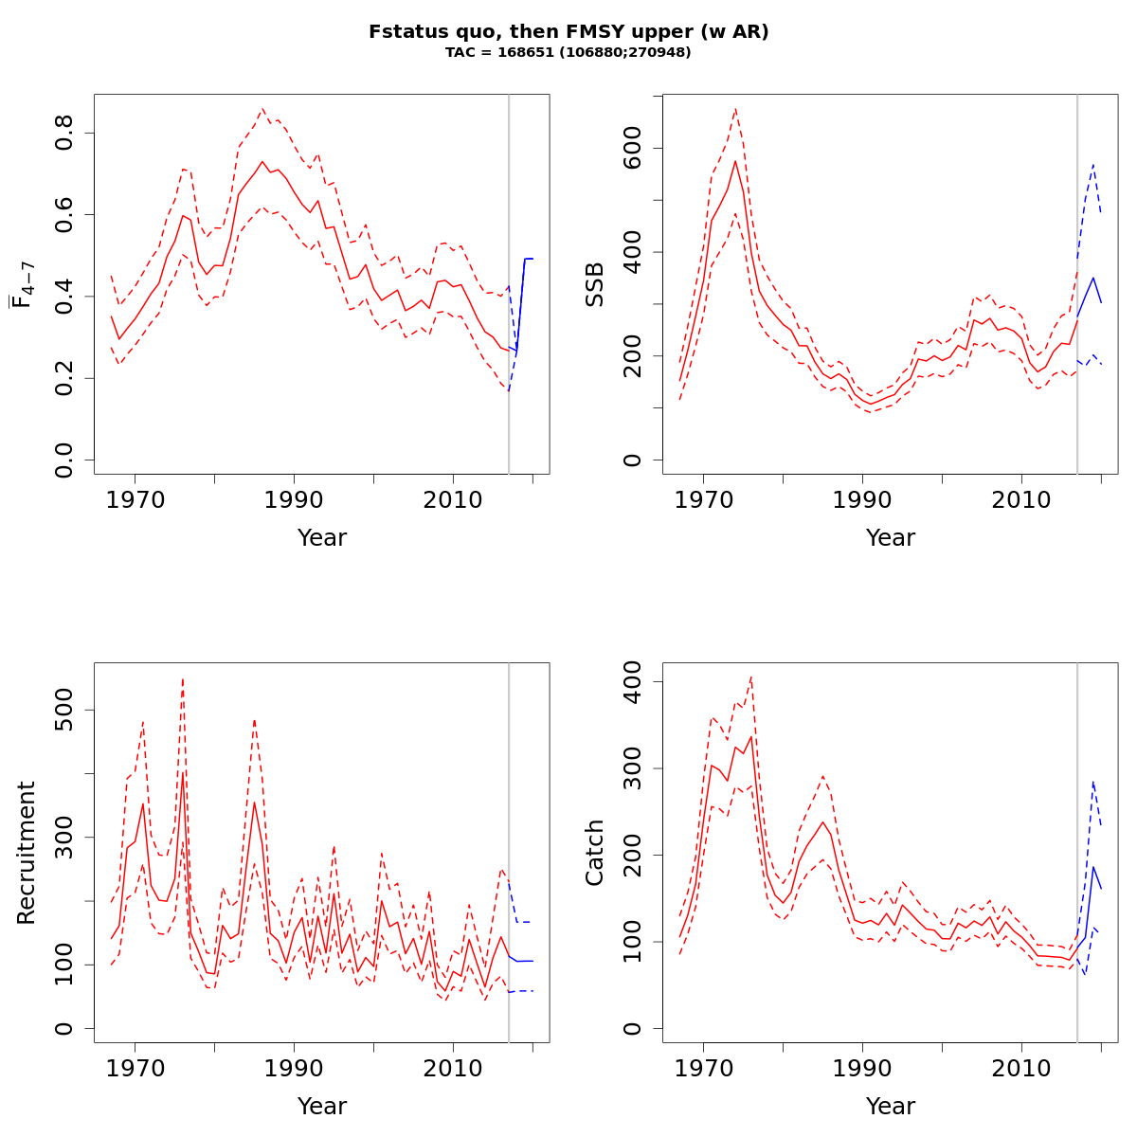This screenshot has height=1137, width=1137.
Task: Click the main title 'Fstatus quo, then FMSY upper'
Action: [568, 31]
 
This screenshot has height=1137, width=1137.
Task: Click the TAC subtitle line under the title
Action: [568, 52]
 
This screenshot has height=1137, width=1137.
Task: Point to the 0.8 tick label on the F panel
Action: [64, 133]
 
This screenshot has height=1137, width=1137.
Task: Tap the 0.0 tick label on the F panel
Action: [64, 460]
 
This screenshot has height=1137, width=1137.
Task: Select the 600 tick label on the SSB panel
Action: [633, 149]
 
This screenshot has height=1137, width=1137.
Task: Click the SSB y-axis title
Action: [594, 284]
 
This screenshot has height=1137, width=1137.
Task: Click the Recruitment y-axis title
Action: [26, 853]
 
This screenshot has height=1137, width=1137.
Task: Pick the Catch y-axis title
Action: [594, 853]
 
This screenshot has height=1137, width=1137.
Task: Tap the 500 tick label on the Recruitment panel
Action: [64, 711]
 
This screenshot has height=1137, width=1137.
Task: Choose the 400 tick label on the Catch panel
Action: [633, 682]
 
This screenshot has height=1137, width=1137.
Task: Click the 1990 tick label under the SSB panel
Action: [862, 499]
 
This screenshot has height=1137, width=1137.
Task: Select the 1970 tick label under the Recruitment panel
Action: [135, 1068]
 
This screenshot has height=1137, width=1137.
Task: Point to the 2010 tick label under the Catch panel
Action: [1021, 1068]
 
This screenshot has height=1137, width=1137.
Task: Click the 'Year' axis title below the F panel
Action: [322, 538]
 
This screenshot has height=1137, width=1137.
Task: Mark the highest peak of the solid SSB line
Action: [735, 161]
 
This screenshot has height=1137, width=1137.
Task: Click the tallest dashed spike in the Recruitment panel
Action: [183, 677]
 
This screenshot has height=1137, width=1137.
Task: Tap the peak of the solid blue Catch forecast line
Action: [1093, 867]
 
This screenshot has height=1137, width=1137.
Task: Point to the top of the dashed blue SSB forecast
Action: [1093, 164]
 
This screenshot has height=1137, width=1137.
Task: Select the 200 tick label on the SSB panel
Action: [633, 356]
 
